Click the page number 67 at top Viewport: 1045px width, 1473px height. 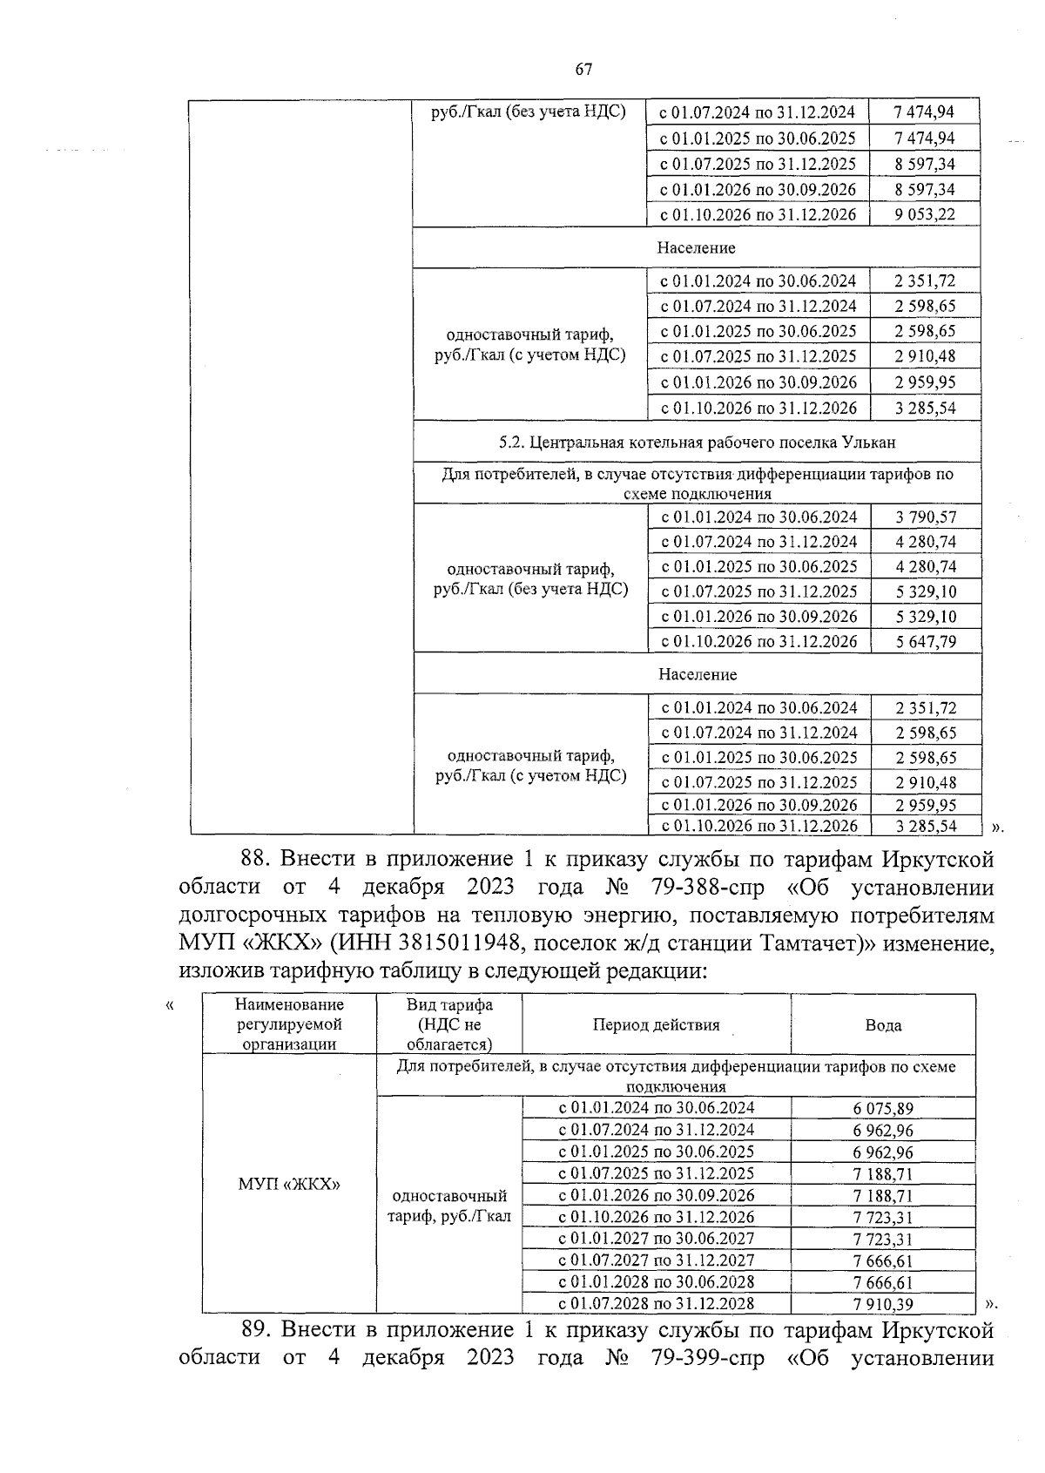pos(583,70)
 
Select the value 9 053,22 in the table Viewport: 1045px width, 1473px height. pos(924,215)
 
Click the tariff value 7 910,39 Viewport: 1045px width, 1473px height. pos(883,1304)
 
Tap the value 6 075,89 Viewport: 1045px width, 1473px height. pos(883,1109)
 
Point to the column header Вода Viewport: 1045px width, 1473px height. pos(883,1025)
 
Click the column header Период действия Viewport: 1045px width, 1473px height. pos(656,1025)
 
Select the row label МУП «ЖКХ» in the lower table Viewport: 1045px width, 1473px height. pos(289,1184)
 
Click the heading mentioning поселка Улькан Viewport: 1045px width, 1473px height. pos(697,443)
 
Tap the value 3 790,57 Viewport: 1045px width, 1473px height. pos(925,517)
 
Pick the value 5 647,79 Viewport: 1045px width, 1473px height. pos(925,642)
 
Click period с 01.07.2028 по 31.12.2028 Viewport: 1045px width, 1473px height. pos(656,1304)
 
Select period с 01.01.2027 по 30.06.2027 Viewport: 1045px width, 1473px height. pos(656,1239)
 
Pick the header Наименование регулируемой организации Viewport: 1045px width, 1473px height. pos(289,1025)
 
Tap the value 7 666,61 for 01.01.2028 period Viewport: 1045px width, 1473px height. pos(883,1282)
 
